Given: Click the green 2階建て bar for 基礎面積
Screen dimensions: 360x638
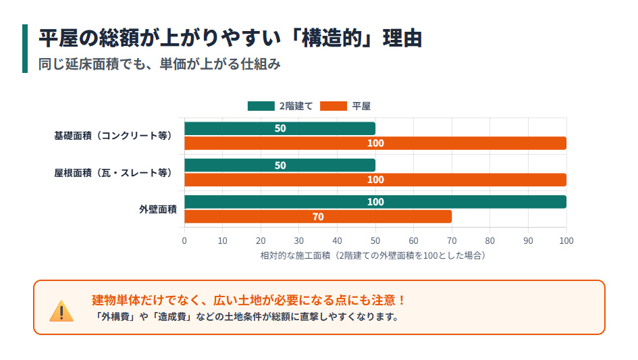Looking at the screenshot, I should point(280,128).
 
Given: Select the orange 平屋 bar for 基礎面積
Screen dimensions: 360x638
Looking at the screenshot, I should point(375,143).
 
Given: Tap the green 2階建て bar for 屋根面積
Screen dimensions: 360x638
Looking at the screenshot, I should point(280,165).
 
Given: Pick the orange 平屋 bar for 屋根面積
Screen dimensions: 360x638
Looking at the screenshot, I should point(375,180).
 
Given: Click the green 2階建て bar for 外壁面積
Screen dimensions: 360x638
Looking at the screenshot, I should point(375,202).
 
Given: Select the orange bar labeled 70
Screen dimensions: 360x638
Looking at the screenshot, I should point(317,217).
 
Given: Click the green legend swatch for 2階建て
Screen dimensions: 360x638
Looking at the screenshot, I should point(261,106).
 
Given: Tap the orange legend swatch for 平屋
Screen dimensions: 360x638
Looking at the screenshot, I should point(334,106).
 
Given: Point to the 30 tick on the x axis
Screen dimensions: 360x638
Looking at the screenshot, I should point(299,240).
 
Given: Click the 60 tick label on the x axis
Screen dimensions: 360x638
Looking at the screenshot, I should point(414,240).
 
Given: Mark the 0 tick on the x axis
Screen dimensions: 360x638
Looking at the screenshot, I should point(184,240).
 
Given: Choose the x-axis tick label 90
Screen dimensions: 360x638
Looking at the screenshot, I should point(529,240).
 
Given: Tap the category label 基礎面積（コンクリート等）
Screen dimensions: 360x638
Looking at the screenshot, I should point(113,136).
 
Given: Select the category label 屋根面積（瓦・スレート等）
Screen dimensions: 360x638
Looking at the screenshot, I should point(113,173).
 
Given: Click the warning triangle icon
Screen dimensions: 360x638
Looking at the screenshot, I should point(61,311).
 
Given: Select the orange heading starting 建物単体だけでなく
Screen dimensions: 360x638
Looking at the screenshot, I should point(248,300).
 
